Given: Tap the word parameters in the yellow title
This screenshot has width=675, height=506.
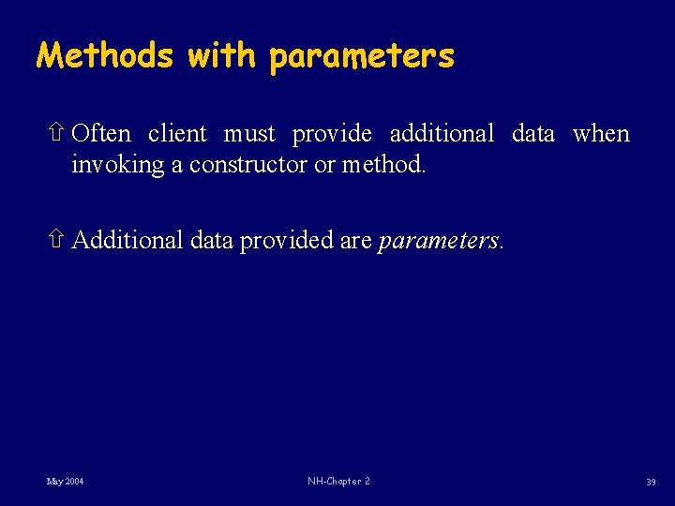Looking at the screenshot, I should [361, 58].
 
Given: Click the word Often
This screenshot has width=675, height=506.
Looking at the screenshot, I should [101, 134].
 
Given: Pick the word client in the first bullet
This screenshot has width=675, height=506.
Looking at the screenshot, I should [177, 134].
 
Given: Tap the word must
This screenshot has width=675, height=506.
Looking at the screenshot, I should [249, 135].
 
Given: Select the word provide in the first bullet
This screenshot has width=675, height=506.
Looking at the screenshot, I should [333, 135].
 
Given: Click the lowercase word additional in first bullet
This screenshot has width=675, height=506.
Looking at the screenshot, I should [442, 134].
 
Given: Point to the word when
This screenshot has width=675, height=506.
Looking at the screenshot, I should [601, 134].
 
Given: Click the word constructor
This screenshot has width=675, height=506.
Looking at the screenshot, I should [247, 166].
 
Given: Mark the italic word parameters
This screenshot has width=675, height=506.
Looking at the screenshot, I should [438, 242].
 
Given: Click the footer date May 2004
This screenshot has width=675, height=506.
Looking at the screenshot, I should [66, 482].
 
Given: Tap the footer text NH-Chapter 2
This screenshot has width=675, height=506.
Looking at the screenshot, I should [338, 482].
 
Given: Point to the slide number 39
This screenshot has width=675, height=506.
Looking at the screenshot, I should [650, 483].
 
